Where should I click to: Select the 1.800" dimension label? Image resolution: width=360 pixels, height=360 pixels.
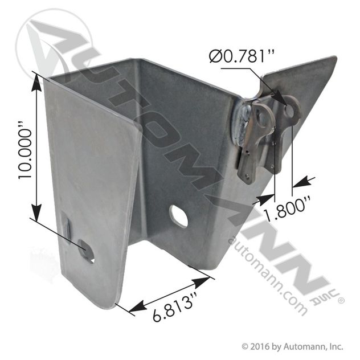tap(288, 208)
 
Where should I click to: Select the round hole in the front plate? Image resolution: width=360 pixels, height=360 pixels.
tap(87, 251)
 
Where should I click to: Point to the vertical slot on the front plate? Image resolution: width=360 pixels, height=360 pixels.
tap(66, 227)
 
